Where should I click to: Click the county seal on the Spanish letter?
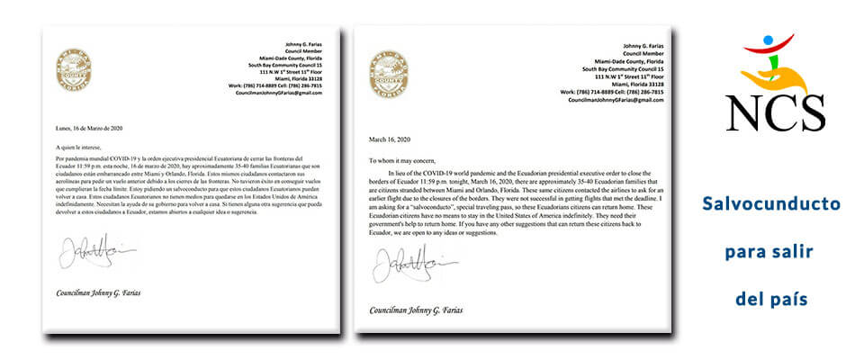pos(74,69)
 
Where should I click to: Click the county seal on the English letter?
pos(389,74)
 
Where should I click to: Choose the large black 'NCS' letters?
pos(775,112)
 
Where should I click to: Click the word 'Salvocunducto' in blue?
pos(770,204)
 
